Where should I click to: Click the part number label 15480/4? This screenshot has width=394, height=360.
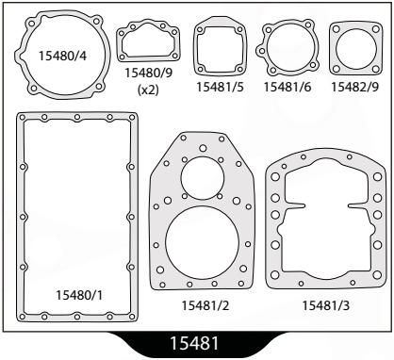point(55,55)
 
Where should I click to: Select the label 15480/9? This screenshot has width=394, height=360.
point(147,73)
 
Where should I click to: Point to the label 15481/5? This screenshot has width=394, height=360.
point(221,87)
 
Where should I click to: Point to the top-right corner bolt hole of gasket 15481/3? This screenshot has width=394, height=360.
point(379,173)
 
